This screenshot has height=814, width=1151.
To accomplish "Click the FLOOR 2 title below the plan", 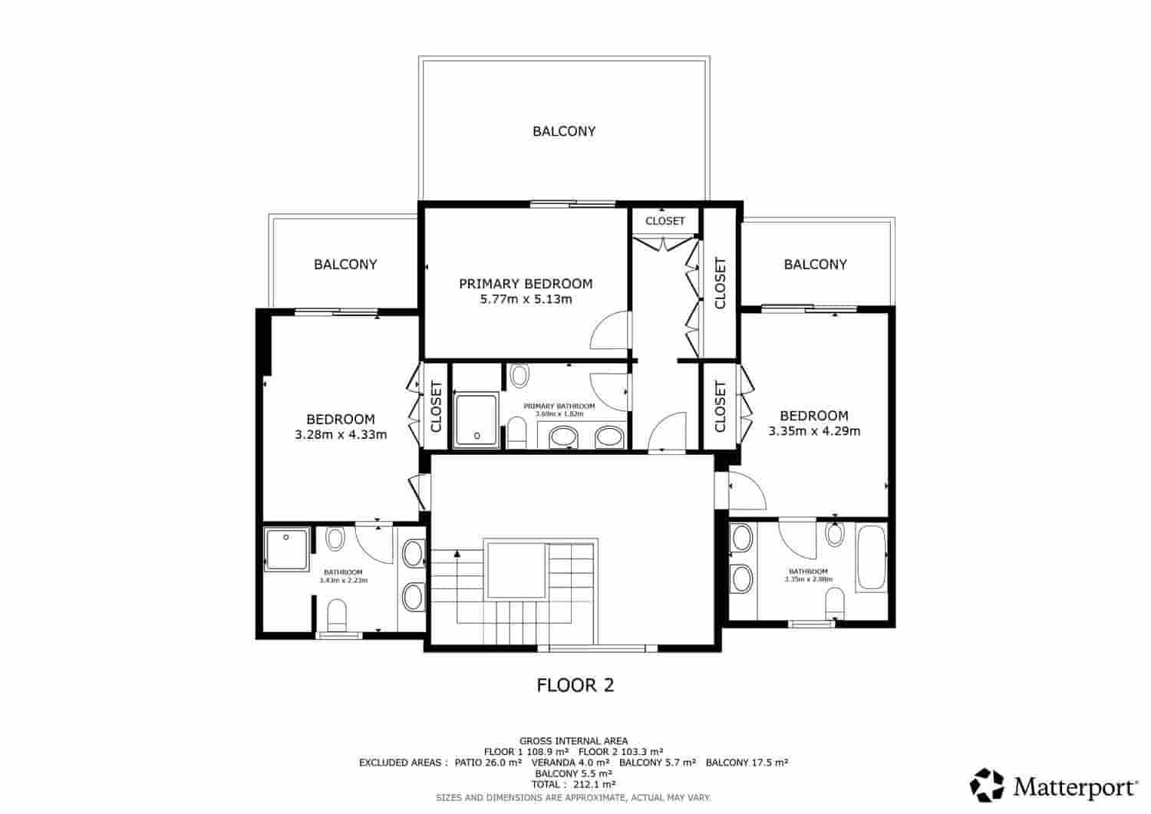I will [x=575, y=685].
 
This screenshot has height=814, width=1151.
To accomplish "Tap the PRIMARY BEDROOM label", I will [x=526, y=284].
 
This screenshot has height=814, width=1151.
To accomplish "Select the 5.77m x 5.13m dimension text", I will [x=526, y=299].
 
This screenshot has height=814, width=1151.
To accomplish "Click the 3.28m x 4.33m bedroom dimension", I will [x=340, y=435].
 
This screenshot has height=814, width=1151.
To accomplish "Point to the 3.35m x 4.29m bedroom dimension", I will [x=814, y=431].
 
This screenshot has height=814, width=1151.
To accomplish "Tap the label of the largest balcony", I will [x=564, y=131].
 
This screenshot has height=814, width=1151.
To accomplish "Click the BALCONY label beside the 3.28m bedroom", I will [x=345, y=265].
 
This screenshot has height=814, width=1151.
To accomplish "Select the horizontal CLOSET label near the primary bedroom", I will [x=665, y=221].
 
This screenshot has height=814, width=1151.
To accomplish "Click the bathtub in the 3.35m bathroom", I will [x=871, y=558].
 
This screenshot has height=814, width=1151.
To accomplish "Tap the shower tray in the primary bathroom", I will [x=476, y=420].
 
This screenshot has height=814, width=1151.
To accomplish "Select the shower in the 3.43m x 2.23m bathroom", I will [x=287, y=549].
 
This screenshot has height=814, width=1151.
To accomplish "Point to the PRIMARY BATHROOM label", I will [x=559, y=406].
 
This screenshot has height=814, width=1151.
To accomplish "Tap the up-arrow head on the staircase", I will [x=457, y=552].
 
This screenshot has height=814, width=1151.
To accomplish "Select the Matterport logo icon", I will [x=987, y=785].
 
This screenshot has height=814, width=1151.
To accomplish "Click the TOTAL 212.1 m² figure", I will [x=575, y=785].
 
